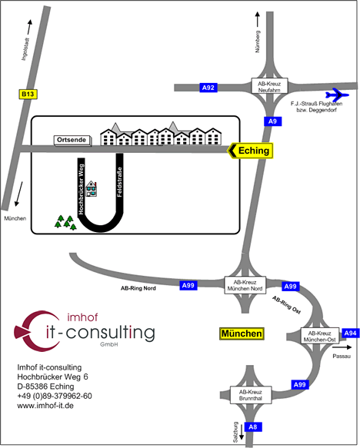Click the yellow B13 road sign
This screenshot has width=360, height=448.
28,94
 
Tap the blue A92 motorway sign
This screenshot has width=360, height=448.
208,88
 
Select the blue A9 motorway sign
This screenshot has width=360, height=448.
272,121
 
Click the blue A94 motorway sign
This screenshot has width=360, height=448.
351,334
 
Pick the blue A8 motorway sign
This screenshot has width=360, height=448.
253,426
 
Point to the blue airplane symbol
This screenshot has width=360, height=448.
337,95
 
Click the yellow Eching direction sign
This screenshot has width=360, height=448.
251,151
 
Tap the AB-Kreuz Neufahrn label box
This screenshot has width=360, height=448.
269,85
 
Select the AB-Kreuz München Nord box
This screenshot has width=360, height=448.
245,285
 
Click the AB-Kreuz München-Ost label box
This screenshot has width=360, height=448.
320,336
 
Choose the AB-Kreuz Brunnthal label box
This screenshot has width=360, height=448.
251,395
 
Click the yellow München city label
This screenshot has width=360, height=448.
242,334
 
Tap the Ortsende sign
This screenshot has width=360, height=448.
72,140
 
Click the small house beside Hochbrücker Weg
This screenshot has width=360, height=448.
92,189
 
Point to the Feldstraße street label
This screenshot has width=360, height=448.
119,182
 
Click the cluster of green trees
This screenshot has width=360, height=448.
65,223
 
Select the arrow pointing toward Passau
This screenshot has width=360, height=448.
342,347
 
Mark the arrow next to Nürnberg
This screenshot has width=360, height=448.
258,19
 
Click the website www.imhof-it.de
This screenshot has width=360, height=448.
45,406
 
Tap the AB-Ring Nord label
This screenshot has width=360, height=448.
138,288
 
